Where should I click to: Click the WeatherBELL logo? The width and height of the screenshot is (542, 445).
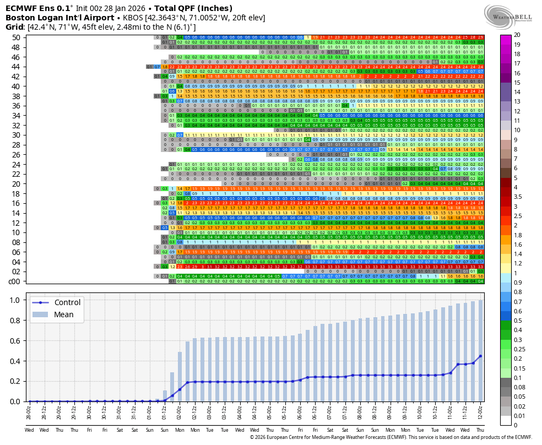point(508,15)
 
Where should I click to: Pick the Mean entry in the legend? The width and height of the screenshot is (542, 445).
point(64,314)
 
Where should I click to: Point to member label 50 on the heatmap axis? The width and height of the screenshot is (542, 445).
point(15,37)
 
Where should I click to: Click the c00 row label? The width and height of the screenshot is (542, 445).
point(14,281)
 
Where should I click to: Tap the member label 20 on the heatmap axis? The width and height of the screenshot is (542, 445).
point(15,183)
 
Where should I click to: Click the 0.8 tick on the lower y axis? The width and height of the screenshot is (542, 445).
point(15,321)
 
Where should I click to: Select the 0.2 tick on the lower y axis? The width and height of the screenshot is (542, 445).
point(15,381)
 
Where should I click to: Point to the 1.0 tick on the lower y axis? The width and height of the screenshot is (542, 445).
point(15,300)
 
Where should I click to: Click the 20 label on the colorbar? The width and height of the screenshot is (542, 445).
point(517,35)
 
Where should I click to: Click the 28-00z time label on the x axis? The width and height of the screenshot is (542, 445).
point(29,413)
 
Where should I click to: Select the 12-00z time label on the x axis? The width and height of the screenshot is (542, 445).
point(480,413)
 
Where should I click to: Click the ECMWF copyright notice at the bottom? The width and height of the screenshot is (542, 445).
point(391,437)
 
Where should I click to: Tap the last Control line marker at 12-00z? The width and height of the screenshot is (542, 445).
point(480,356)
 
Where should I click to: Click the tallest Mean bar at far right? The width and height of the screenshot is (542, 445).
point(480,351)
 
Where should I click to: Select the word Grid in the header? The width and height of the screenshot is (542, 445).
point(15,27)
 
